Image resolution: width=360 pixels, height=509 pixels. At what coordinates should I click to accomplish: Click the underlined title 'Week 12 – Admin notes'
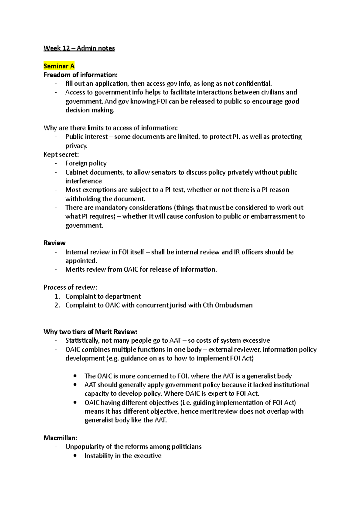tap(79, 48)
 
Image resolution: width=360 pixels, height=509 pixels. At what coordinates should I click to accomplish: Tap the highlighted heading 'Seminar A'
tap(59, 66)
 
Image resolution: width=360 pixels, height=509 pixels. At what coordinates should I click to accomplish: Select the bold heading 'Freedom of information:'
tap(80, 75)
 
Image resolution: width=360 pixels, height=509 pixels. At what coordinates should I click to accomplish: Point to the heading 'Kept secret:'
tap(61, 155)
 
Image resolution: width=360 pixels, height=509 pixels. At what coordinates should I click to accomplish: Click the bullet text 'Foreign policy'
tap(86, 163)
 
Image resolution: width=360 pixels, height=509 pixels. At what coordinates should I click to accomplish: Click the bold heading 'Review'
tap(54, 243)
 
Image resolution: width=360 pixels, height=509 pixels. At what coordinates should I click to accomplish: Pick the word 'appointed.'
tap(81, 261)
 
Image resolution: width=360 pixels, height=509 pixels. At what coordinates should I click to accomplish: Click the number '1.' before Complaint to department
tap(57, 296)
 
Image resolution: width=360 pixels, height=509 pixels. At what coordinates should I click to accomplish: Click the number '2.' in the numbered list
tap(57, 305)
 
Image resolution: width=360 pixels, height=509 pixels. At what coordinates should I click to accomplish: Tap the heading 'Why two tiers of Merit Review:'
tap(90, 332)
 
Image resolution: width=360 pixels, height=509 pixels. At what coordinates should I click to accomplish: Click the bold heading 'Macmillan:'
tap(60, 438)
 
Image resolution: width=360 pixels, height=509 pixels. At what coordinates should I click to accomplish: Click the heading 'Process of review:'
tap(70, 287)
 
